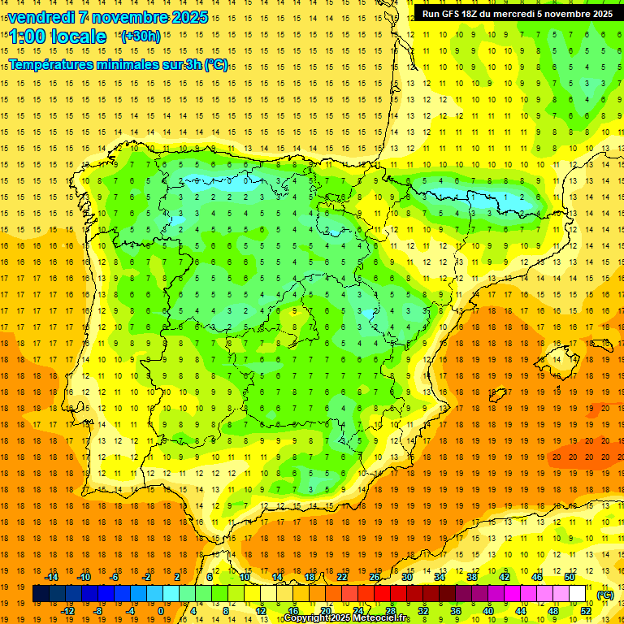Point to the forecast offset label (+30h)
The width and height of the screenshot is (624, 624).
(x=140, y=36)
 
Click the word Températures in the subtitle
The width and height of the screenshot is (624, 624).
(x=56, y=65)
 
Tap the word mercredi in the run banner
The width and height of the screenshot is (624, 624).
(x=510, y=14)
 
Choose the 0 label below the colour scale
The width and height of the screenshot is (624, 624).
(x=161, y=611)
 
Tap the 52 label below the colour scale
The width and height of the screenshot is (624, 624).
(x=586, y=611)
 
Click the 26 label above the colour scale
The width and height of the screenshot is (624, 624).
(x=375, y=576)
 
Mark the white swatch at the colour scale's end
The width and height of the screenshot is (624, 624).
(x=578, y=594)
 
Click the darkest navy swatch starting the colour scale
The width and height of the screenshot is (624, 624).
(x=41, y=594)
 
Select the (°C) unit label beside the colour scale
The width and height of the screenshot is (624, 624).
(x=604, y=595)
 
